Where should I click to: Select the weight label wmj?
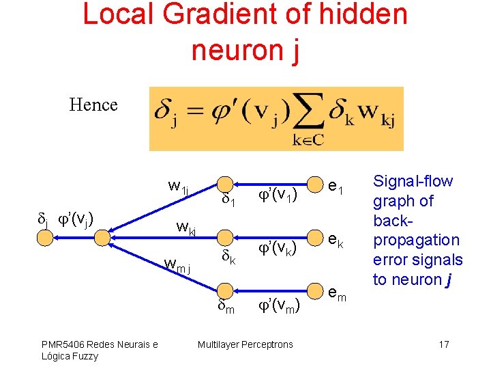179,263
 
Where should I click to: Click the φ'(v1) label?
277,195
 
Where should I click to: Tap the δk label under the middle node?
228,258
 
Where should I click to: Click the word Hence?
93,105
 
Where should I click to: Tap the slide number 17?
443,344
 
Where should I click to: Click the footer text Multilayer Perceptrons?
245,344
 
